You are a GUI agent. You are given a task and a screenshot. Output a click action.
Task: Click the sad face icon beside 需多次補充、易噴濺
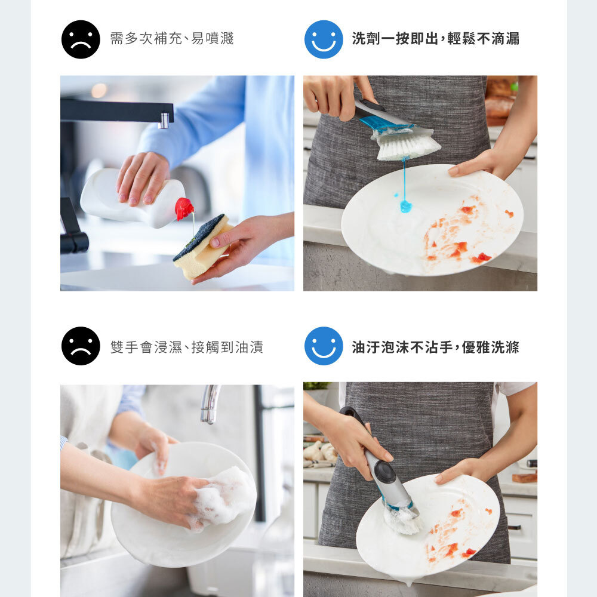[x=81, y=39]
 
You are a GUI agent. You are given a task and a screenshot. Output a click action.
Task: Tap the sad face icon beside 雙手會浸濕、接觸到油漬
[x=81, y=346]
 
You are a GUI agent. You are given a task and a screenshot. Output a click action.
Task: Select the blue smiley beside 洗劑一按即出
[x=324, y=39]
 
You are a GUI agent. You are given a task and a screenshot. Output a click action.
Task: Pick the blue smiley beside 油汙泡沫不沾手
[x=324, y=346]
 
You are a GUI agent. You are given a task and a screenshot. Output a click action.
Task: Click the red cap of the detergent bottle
[x=184, y=208]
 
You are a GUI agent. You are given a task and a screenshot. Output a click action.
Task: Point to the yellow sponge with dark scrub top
[x=202, y=247]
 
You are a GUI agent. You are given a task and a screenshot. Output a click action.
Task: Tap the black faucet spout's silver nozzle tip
[x=164, y=121]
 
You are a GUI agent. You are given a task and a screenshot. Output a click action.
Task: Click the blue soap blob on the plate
[x=405, y=206]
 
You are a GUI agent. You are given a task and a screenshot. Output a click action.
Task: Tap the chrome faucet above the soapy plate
[x=210, y=404]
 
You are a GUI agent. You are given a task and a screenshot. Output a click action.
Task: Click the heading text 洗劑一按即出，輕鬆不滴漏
[x=436, y=39]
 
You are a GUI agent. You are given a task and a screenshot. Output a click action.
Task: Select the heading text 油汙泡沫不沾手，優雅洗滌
[x=436, y=347]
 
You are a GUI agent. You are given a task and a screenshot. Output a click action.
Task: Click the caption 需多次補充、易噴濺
[x=172, y=38]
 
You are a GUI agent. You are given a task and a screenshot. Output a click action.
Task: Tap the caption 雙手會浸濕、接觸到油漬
[x=186, y=347]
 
